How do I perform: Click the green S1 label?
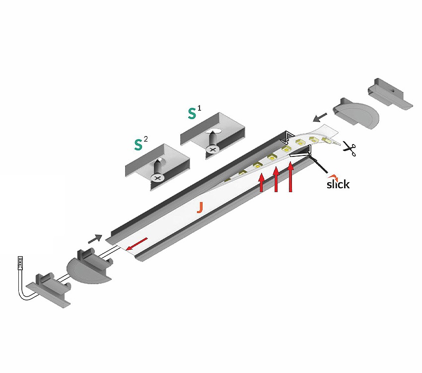(194, 112)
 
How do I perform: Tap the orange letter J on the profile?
(200, 208)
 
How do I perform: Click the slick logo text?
(338, 184)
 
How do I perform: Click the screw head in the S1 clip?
(212, 149)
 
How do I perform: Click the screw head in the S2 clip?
(157, 177)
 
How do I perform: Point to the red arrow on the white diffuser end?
(137, 244)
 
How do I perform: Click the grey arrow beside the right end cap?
(320, 117)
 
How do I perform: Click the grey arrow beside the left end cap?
(95, 239)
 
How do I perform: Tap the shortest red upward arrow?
(261, 182)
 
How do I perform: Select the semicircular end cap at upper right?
(356, 113)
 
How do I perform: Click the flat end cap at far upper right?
(390, 94)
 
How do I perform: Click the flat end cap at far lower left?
(49, 290)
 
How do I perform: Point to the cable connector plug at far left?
(20, 263)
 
